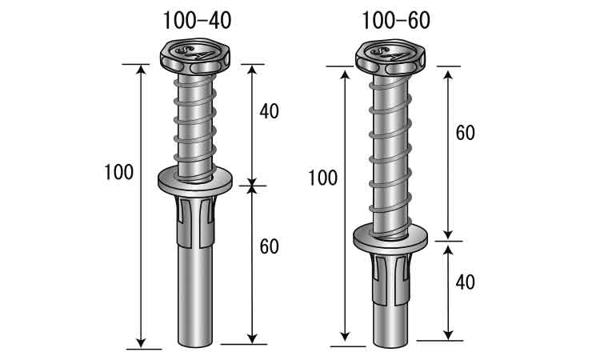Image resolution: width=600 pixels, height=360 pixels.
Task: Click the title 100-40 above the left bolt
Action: coord(197,21)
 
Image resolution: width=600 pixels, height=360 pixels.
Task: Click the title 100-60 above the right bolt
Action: coord(396,21)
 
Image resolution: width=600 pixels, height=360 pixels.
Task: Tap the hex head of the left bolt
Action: coord(195,56)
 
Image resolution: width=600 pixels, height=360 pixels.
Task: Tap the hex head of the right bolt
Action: coord(390,56)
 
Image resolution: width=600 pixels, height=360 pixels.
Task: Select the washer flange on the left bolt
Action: coord(195,182)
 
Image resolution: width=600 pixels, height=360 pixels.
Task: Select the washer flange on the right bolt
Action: coord(390,238)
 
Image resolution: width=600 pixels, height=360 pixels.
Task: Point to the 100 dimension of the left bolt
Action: coord(119,172)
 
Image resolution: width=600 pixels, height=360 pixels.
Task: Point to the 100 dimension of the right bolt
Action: coord(322,178)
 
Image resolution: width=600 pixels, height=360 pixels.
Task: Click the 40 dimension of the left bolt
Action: coord(269,111)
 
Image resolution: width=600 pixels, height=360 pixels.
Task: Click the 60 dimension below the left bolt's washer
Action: coord(269,246)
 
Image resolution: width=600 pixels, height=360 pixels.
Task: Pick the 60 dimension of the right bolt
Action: coord(465,133)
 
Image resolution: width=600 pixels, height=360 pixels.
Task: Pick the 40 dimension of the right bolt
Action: coord(465,282)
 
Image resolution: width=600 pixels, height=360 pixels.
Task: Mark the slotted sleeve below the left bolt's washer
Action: coord(195,221)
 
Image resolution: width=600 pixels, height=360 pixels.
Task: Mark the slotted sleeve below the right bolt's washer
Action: coord(390,278)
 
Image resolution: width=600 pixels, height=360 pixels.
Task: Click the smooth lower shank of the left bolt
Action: coord(195,297)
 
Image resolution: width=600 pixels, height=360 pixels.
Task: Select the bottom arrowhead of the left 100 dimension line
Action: coord(142,342)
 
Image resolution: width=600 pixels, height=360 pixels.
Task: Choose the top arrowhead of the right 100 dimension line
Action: coord(345,74)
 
